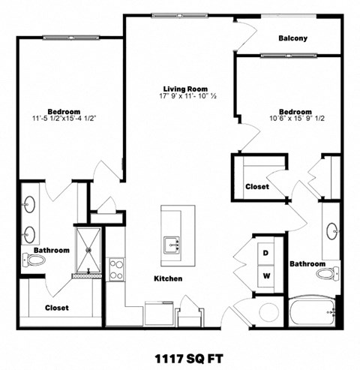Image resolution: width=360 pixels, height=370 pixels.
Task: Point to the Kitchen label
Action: pos(168,278)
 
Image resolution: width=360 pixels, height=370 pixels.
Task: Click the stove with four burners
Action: pos(116,269)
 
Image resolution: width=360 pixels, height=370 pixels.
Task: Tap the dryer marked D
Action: pos(265,253)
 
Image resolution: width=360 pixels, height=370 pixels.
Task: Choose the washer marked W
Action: pos(265,275)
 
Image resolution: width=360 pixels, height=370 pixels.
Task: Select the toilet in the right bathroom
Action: pos(327,273)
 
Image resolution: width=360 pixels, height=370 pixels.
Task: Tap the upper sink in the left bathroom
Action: pos(31,203)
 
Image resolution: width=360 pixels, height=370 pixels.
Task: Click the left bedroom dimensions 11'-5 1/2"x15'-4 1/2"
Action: pos(63,118)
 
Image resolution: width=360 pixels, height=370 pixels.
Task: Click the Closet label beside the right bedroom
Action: pos(257,187)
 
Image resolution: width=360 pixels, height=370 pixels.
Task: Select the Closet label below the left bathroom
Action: pos(56,308)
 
